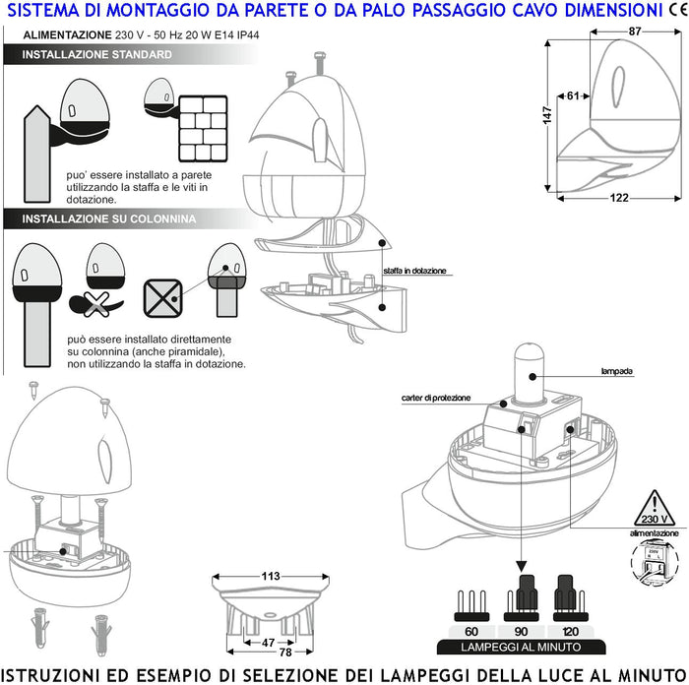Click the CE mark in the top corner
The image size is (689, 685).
(x=677, y=11)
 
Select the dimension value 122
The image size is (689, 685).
(x=620, y=198)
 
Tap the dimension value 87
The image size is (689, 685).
(x=635, y=31)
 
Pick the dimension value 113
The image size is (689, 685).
(x=272, y=576)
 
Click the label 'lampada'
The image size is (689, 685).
(x=616, y=372)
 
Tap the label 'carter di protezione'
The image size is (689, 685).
(x=435, y=398)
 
